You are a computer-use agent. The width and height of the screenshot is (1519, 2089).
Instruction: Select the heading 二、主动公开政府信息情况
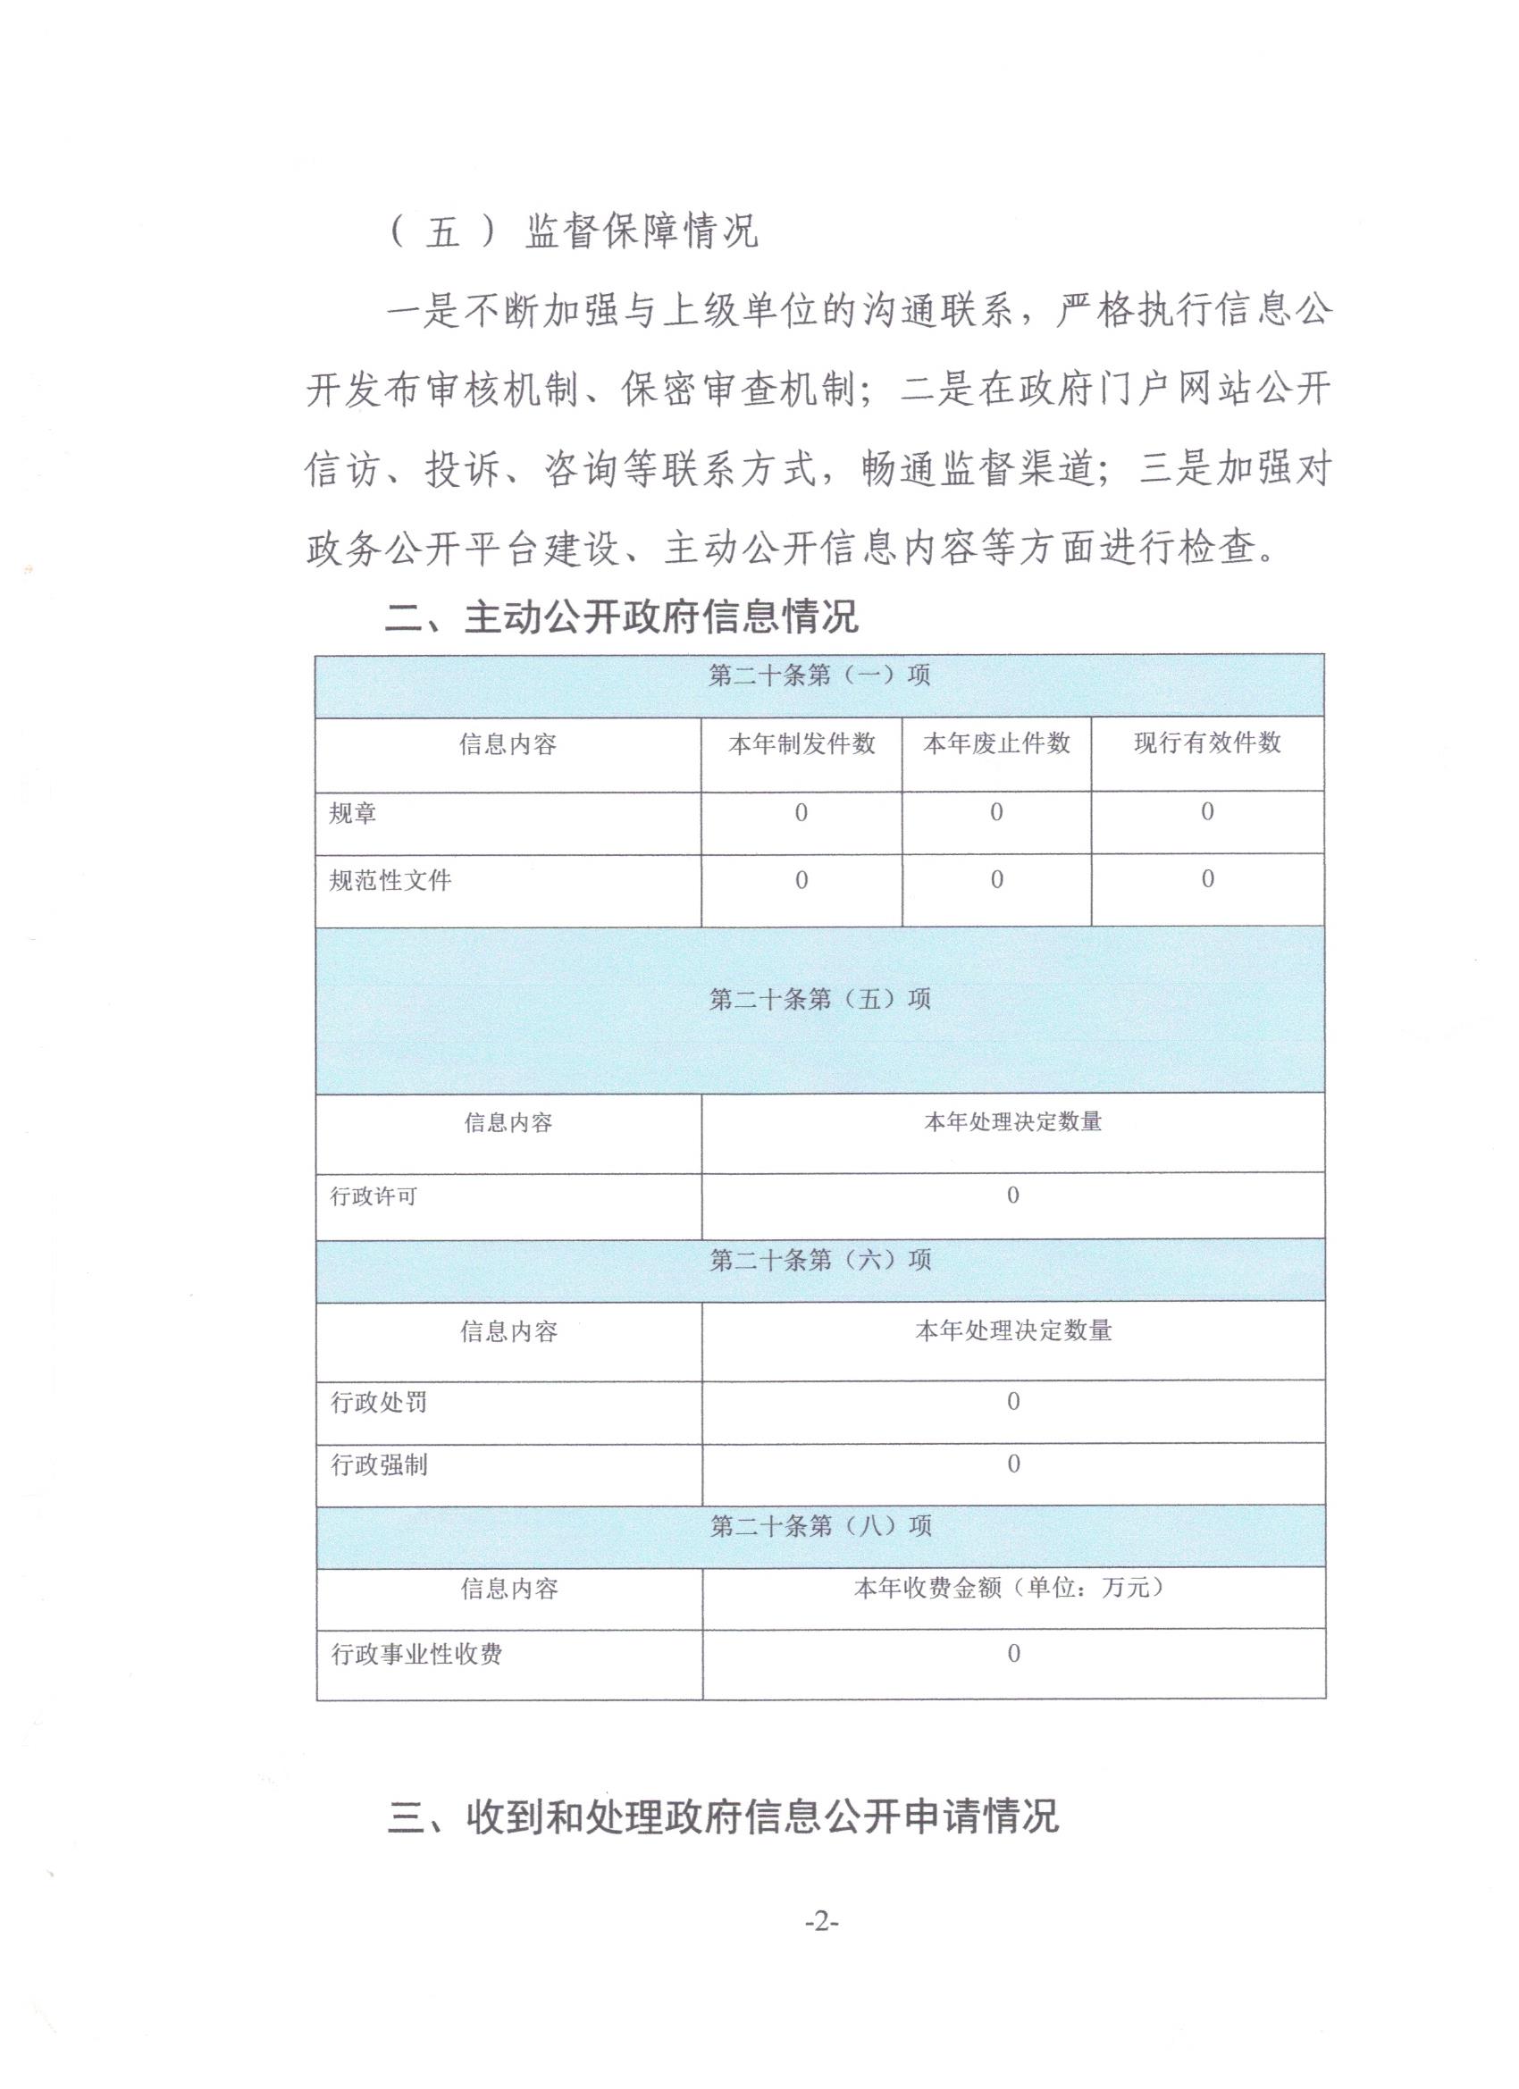pos(622,618)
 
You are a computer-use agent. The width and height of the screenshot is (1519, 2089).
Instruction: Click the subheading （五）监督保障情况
pos(575,231)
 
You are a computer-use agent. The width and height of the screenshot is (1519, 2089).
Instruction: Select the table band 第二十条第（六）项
pos(820,1259)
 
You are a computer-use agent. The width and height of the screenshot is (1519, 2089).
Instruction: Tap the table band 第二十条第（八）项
pos(820,1526)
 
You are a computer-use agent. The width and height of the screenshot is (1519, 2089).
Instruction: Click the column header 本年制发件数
pos(801,744)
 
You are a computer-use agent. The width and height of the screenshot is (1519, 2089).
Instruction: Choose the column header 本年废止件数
pos(995,743)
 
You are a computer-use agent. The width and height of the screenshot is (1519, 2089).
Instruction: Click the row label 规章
pos(353,813)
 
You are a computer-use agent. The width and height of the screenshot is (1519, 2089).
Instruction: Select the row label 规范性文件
pos(390,881)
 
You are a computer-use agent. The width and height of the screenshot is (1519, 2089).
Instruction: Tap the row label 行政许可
pos(374,1196)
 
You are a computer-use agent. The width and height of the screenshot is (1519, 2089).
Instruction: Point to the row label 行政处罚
pos(379,1403)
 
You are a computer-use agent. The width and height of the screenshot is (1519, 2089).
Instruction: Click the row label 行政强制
pos(379,1464)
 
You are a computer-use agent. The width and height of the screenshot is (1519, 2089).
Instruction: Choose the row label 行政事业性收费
pos(416,1654)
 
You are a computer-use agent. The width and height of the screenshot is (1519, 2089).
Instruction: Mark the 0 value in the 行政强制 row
pos(1013,1464)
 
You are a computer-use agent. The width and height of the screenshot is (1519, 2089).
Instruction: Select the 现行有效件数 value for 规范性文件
pos(1207,879)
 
